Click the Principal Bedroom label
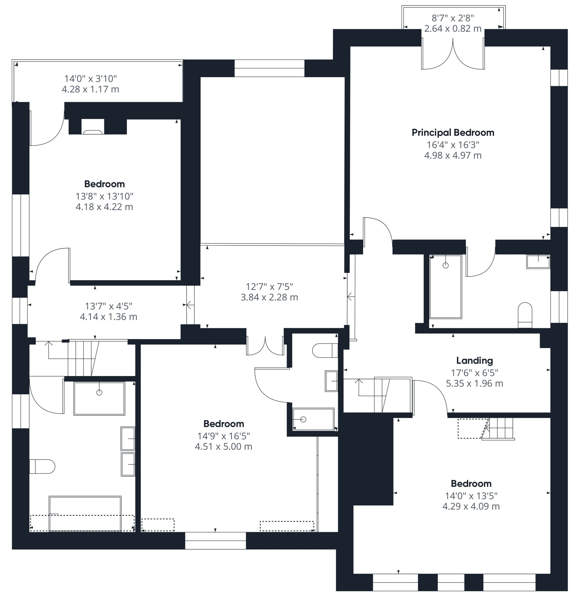[x=453, y=133]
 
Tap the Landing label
[x=474, y=361]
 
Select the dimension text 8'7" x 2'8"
[x=453, y=18]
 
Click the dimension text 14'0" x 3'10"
[x=90, y=79]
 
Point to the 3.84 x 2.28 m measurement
[x=269, y=297]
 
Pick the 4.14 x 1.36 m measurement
[x=108, y=317]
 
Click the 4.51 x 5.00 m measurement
[x=224, y=447]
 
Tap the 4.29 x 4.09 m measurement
[x=471, y=506]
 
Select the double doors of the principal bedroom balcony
[x=453, y=55]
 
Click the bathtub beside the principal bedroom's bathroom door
[x=445, y=287]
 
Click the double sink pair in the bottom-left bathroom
[x=128, y=451]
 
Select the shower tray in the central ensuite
[x=313, y=419]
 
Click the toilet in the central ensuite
[x=325, y=350]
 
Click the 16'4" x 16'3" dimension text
[x=453, y=145]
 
